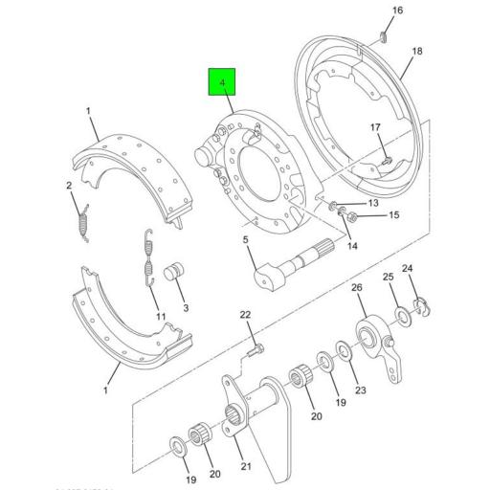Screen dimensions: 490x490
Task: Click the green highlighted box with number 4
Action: (x=223, y=84)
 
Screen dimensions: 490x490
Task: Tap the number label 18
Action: (x=416, y=52)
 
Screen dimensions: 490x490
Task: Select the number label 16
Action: (x=398, y=10)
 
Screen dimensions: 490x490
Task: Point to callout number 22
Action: (x=245, y=315)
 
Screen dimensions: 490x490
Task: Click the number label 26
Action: (x=357, y=288)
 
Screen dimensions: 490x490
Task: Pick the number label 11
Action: (x=161, y=317)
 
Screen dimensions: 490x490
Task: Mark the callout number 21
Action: (x=245, y=466)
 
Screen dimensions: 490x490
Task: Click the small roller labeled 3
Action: (x=175, y=274)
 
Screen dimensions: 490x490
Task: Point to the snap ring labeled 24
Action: (x=418, y=305)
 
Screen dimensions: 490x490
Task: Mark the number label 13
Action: (x=373, y=203)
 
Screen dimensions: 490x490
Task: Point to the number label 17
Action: (x=375, y=127)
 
